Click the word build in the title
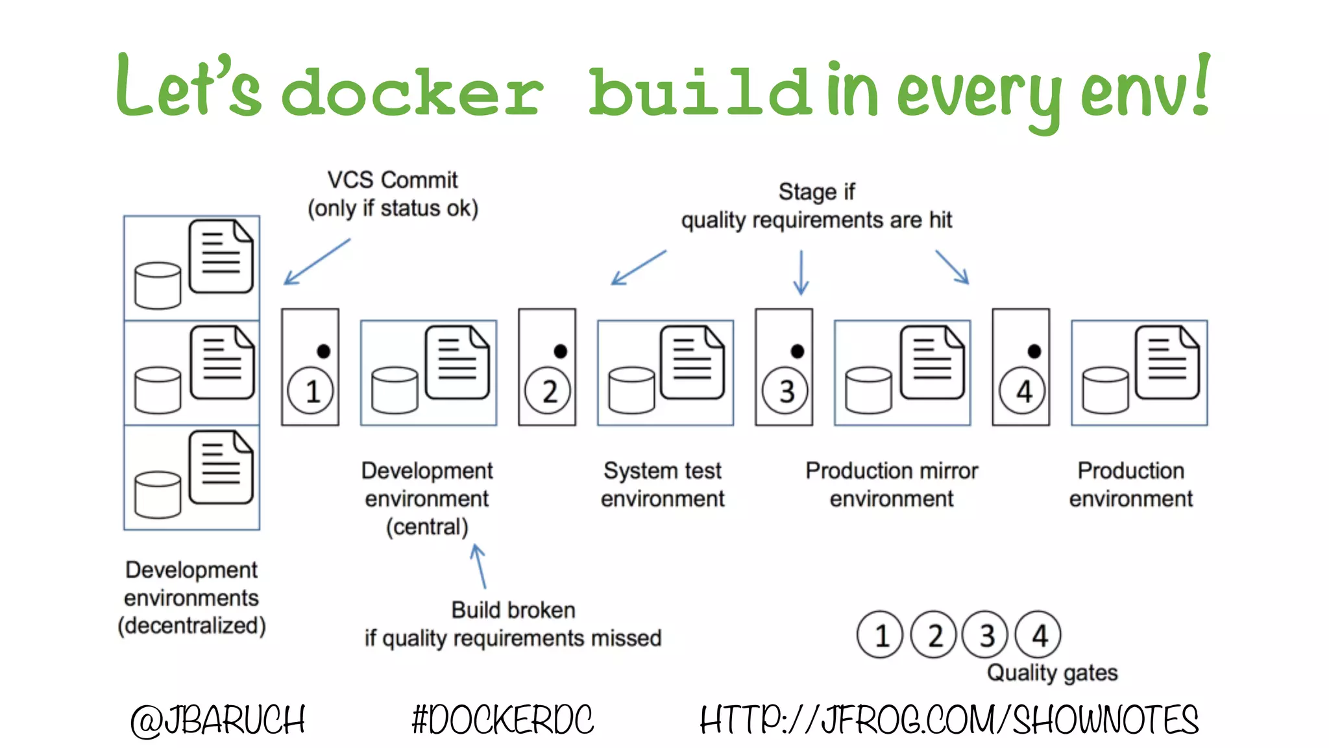700,92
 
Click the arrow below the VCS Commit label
317,262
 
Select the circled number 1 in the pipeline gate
311,391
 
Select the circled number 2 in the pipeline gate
548,391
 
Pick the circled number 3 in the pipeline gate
785,391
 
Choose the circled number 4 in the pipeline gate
1022,391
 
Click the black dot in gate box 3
798,351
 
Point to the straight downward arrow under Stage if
801,272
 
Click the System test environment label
663,484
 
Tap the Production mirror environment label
892,484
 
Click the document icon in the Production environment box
1167,362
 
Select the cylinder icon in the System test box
631,390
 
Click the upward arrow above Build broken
479,566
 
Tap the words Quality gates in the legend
1052,673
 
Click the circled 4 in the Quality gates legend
1038,635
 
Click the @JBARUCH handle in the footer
218,720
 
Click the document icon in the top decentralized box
221,256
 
